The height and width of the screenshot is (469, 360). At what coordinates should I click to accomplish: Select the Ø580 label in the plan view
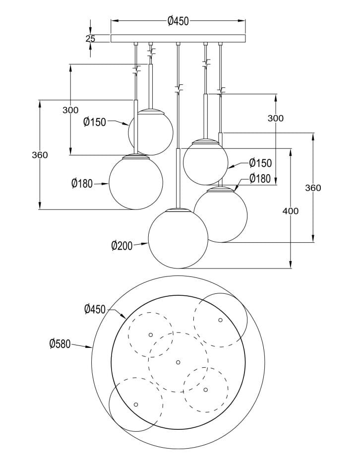click(x=60, y=343)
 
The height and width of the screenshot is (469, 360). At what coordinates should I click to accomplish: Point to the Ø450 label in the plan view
click(x=95, y=309)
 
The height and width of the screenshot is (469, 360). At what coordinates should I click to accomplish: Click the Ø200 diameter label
click(x=122, y=245)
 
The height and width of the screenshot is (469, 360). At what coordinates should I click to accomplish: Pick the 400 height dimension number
click(x=290, y=211)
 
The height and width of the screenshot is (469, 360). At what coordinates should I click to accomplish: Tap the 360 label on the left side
click(x=40, y=155)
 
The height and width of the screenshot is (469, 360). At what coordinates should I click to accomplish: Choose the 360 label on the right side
click(x=313, y=188)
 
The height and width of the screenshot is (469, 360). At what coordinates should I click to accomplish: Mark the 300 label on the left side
click(x=70, y=110)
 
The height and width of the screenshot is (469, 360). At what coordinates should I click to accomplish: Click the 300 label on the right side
click(x=275, y=118)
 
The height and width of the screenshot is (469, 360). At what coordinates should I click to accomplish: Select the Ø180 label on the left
click(x=82, y=184)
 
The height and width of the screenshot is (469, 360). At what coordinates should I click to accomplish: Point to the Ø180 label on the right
click(x=260, y=179)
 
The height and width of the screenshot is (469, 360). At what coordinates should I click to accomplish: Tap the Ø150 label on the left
click(x=94, y=122)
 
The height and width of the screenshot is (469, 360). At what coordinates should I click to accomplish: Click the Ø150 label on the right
click(x=260, y=163)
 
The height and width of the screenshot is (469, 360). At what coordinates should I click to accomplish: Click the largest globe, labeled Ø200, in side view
click(x=178, y=240)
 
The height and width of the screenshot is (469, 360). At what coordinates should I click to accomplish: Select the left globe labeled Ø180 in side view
click(x=136, y=183)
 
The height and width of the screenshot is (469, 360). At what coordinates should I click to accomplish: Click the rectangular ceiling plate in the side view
click(x=178, y=38)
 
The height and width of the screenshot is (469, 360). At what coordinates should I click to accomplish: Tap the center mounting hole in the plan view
click(x=178, y=361)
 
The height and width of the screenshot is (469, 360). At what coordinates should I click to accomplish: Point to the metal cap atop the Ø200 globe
click(x=178, y=211)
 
